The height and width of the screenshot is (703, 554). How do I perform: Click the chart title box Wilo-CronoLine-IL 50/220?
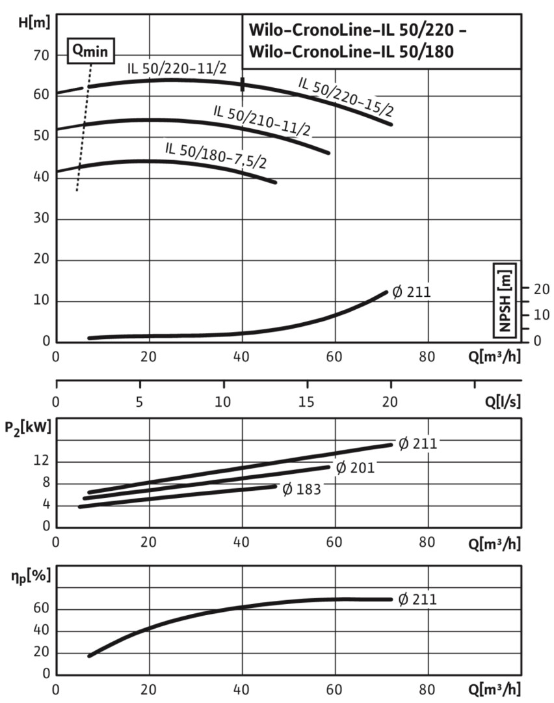[382, 41]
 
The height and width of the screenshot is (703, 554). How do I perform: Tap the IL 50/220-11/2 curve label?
[176, 67]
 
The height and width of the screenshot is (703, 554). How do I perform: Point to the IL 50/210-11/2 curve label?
[262, 120]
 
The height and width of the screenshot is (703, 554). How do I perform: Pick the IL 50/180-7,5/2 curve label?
[216, 154]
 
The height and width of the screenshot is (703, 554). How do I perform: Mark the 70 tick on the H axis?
[42, 56]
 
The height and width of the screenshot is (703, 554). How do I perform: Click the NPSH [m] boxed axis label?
[505, 298]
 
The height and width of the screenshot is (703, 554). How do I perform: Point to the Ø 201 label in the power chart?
[355, 467]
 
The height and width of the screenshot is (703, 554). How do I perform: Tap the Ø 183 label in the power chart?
[301, 488]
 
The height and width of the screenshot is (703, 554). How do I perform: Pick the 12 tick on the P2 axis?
[41, 462]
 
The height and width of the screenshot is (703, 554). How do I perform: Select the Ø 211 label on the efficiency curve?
[416, 599]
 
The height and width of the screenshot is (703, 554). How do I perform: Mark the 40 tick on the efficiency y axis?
[41, 631]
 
